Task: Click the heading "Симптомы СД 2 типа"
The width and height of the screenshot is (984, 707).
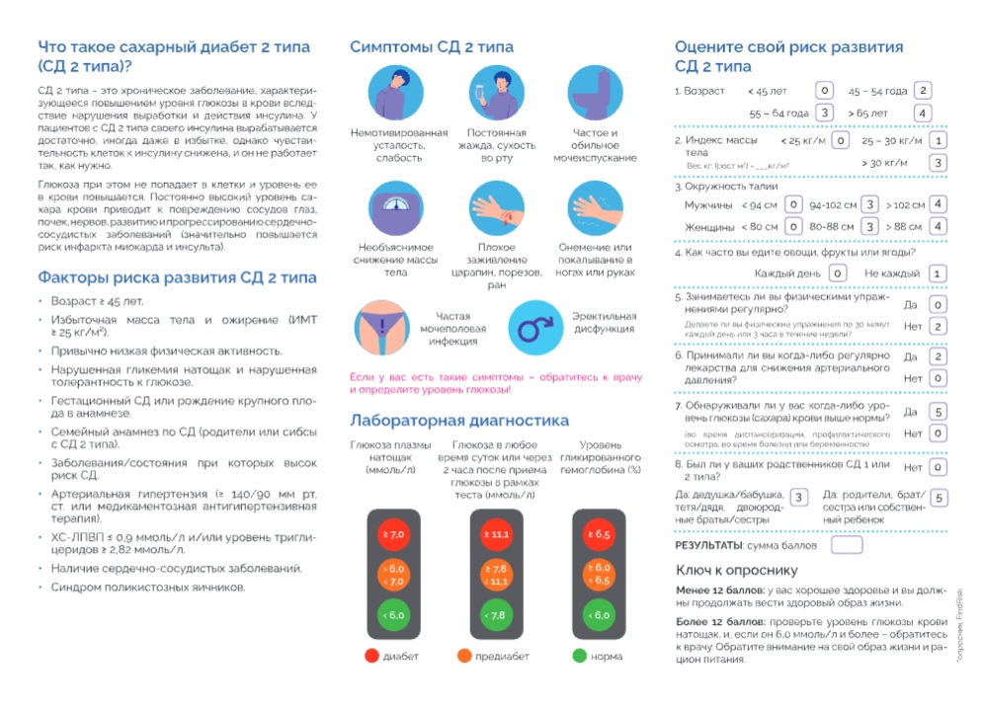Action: point(432,47)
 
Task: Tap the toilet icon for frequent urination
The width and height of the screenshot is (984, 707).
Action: point(596,93)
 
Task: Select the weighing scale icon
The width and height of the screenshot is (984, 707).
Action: point(395,206)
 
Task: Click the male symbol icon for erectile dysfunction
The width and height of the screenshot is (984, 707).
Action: point(534,324)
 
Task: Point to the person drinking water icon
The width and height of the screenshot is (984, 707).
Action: point(496,93)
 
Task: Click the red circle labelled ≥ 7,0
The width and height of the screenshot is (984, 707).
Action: point(393,534)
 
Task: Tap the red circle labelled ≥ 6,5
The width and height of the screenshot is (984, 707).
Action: point(599,534)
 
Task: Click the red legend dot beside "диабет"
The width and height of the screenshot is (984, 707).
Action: point(371,656)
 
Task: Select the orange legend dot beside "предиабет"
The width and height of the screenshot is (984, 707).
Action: point(464,656)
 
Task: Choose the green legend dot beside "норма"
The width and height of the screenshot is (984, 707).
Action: point(579,656)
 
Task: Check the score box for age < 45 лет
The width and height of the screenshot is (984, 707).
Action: point(824,91)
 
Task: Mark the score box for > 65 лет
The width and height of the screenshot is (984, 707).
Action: point(923,114)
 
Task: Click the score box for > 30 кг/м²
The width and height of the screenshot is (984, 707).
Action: point(938,162)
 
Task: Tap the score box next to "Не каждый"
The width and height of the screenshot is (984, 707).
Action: point(937,274)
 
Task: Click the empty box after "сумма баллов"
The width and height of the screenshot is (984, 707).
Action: point(847,544)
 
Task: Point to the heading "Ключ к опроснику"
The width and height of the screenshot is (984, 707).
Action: point(736,570)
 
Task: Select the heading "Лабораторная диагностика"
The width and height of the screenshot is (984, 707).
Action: point(459,421)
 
